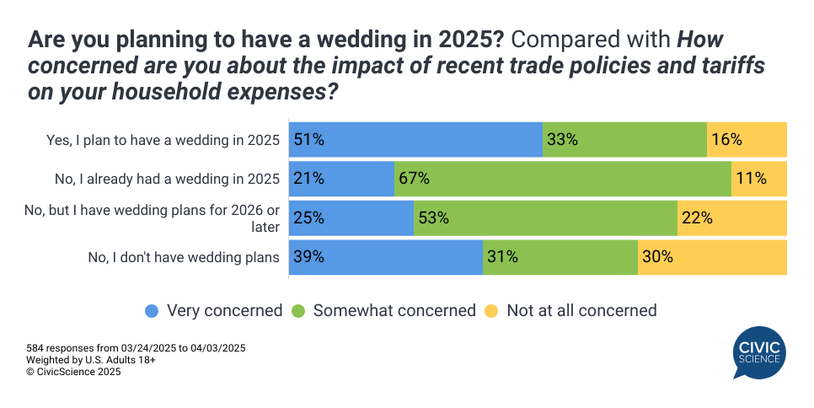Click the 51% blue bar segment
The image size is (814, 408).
tap(415, 139)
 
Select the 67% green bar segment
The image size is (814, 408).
tap(562, 179)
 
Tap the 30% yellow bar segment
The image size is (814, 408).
tap(712, 257)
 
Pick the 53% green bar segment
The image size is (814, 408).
tap(545, 218)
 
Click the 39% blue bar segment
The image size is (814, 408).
tap(386, 257)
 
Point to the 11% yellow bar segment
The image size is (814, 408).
tap(758, 179)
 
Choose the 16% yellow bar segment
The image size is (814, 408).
tap(747, 139)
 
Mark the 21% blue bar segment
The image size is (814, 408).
tap(341, 179)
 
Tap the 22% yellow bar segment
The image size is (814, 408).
tap(731, 218)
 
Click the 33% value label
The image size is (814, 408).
tap(562, 140)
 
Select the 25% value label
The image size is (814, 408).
tap(308, 218)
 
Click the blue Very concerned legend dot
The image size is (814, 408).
tap(152, 310)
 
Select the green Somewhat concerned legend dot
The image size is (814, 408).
tap(298, 310)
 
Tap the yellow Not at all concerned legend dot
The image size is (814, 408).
tap(491, 310)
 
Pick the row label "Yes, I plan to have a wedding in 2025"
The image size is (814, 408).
tap(163, 140)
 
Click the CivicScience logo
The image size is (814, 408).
tap(759, 353)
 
